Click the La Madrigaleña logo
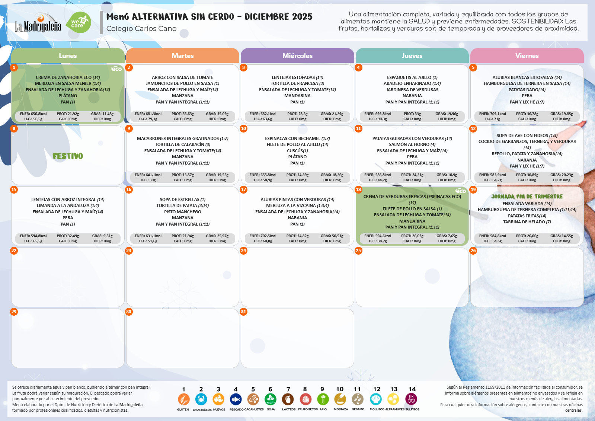pyautogui.click(x=38, y=23)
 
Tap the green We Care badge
pyautogui.click(x=79, y=23)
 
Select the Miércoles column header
pyautogui.click(x=297, y=56)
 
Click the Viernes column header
pyautogui.click(x=527, y=56)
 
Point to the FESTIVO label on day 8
pyautogui.click(x=68, y=156)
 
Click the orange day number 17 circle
pyautogui.click(x=244, y=189)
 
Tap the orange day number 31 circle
pyautogui.click(x=244, y=312)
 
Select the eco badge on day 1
pyautogui.click(x=116, y=69)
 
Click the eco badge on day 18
pyautogui.click(x=461, y=191)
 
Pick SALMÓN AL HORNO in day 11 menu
pyautogui.click(x=412, y=144)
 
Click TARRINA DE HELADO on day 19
pyautogui.click(x=527, y=222)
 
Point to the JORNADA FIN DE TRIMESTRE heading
pyautogui.click(x=527, y=197)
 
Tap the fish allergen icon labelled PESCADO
pyautogui.click(x=236, y=399)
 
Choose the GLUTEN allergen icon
pyautogui.click(x=183, y=399)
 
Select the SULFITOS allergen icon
pyautogui.click(x=411, y=399)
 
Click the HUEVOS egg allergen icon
pyautogui.click(x=218, y=399)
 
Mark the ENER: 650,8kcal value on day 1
pyautogui.click(x=33, y=114)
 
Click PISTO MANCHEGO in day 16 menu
pyautogui.click(x=182, y=212)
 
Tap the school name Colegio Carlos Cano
pyautogui.click(x=141, y=29)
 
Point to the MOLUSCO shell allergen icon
pyautogui.click(x=376, y=399)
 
